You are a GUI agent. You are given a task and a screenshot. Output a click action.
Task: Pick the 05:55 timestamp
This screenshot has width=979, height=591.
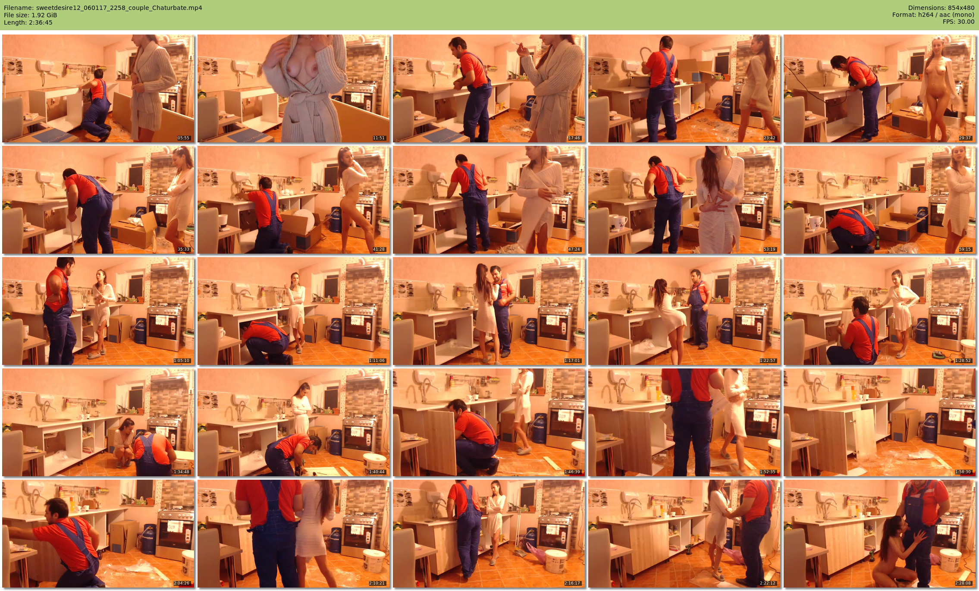coord(183,138)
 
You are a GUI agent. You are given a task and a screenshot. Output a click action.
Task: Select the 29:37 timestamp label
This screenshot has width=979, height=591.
coord(965,138)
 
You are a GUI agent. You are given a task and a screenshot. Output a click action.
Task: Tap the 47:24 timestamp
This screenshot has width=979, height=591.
coord(574,249)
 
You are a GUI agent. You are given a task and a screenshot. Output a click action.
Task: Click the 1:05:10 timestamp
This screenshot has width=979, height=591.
coord(182,361)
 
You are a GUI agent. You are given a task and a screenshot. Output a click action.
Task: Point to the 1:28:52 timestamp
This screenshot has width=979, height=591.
coord(963,361)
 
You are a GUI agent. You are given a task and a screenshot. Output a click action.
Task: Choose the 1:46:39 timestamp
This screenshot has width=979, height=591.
coord(572,472)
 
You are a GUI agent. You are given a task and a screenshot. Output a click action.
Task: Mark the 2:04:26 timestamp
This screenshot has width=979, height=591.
coord(182,583)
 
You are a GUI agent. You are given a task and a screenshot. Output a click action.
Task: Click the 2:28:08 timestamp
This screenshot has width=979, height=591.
coord(963,583)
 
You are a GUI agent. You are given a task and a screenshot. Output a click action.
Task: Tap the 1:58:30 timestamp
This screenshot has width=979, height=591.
coord(963,472)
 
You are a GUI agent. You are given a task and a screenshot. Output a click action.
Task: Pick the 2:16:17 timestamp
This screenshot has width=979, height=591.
coord(572,583)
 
